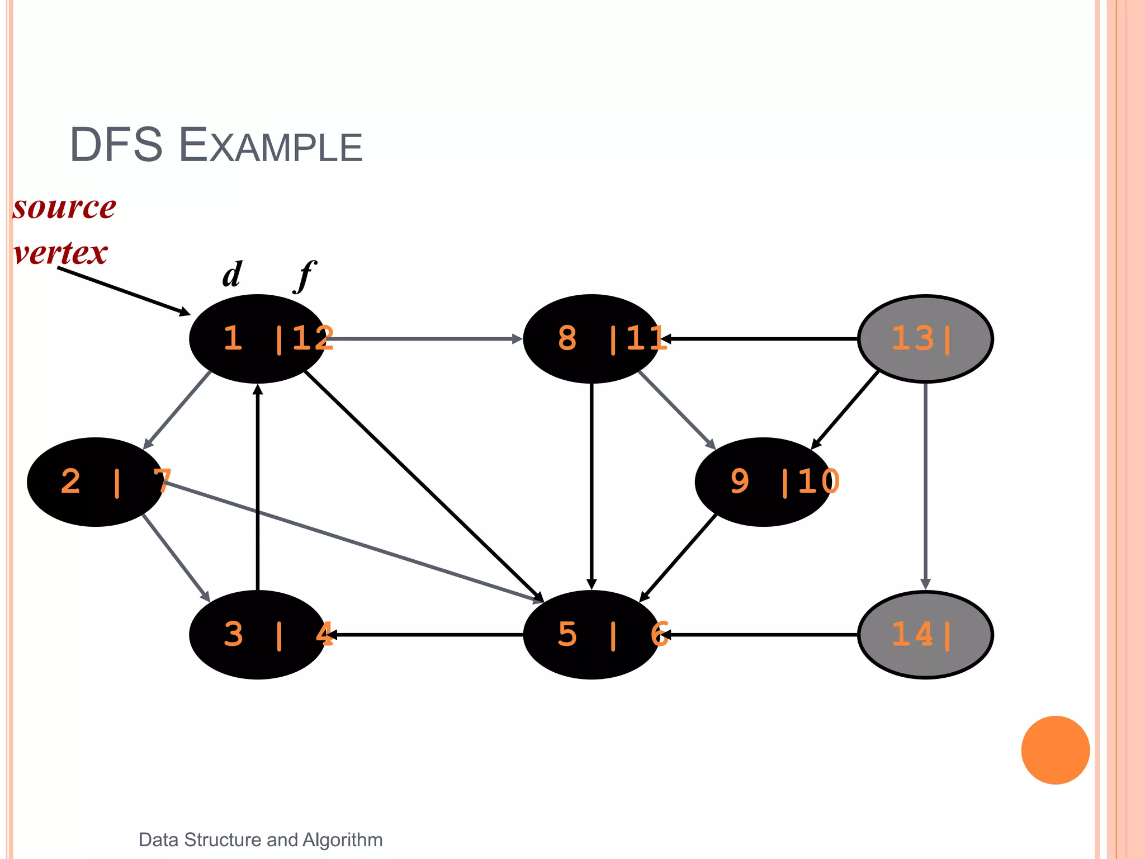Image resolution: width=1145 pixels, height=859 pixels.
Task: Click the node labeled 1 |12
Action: tap(258, 339)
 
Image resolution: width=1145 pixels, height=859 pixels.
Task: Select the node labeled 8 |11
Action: tap(592, 339)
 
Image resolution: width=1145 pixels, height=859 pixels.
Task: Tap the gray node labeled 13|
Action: tap(925, 339)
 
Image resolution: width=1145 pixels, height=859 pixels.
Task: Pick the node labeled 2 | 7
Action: tap(96, 482)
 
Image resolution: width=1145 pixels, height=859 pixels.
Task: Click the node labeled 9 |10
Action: tap(764, 482)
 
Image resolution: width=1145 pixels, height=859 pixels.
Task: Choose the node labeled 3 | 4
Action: tap(258, 635)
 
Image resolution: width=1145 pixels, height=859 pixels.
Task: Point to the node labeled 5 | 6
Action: tap(592, 635)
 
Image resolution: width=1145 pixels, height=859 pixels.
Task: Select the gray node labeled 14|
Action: tap(925, 635)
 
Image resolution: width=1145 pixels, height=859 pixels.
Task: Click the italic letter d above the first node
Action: tap(232, 275)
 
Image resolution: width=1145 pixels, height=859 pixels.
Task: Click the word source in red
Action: tap(64, 207)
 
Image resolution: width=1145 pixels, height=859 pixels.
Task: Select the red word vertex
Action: tap(60, 253)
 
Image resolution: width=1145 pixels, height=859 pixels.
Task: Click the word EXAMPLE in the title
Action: tap(271, 146)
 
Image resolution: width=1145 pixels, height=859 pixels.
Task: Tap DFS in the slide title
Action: tap(116, 145)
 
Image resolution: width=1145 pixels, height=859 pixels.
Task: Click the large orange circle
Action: tap(1055, 750)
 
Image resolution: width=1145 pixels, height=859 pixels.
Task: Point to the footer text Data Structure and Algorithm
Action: tap(261, 840)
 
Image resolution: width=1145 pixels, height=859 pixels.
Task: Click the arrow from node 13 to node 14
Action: tap(925, 487)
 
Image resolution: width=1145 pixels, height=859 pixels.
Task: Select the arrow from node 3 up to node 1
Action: tap(258, 487)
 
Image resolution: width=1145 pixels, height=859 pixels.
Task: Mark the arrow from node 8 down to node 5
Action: tap(592, 487)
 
